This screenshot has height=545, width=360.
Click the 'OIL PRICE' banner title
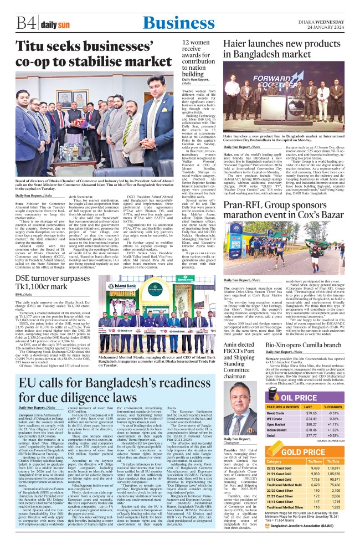tap(307, 382)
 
